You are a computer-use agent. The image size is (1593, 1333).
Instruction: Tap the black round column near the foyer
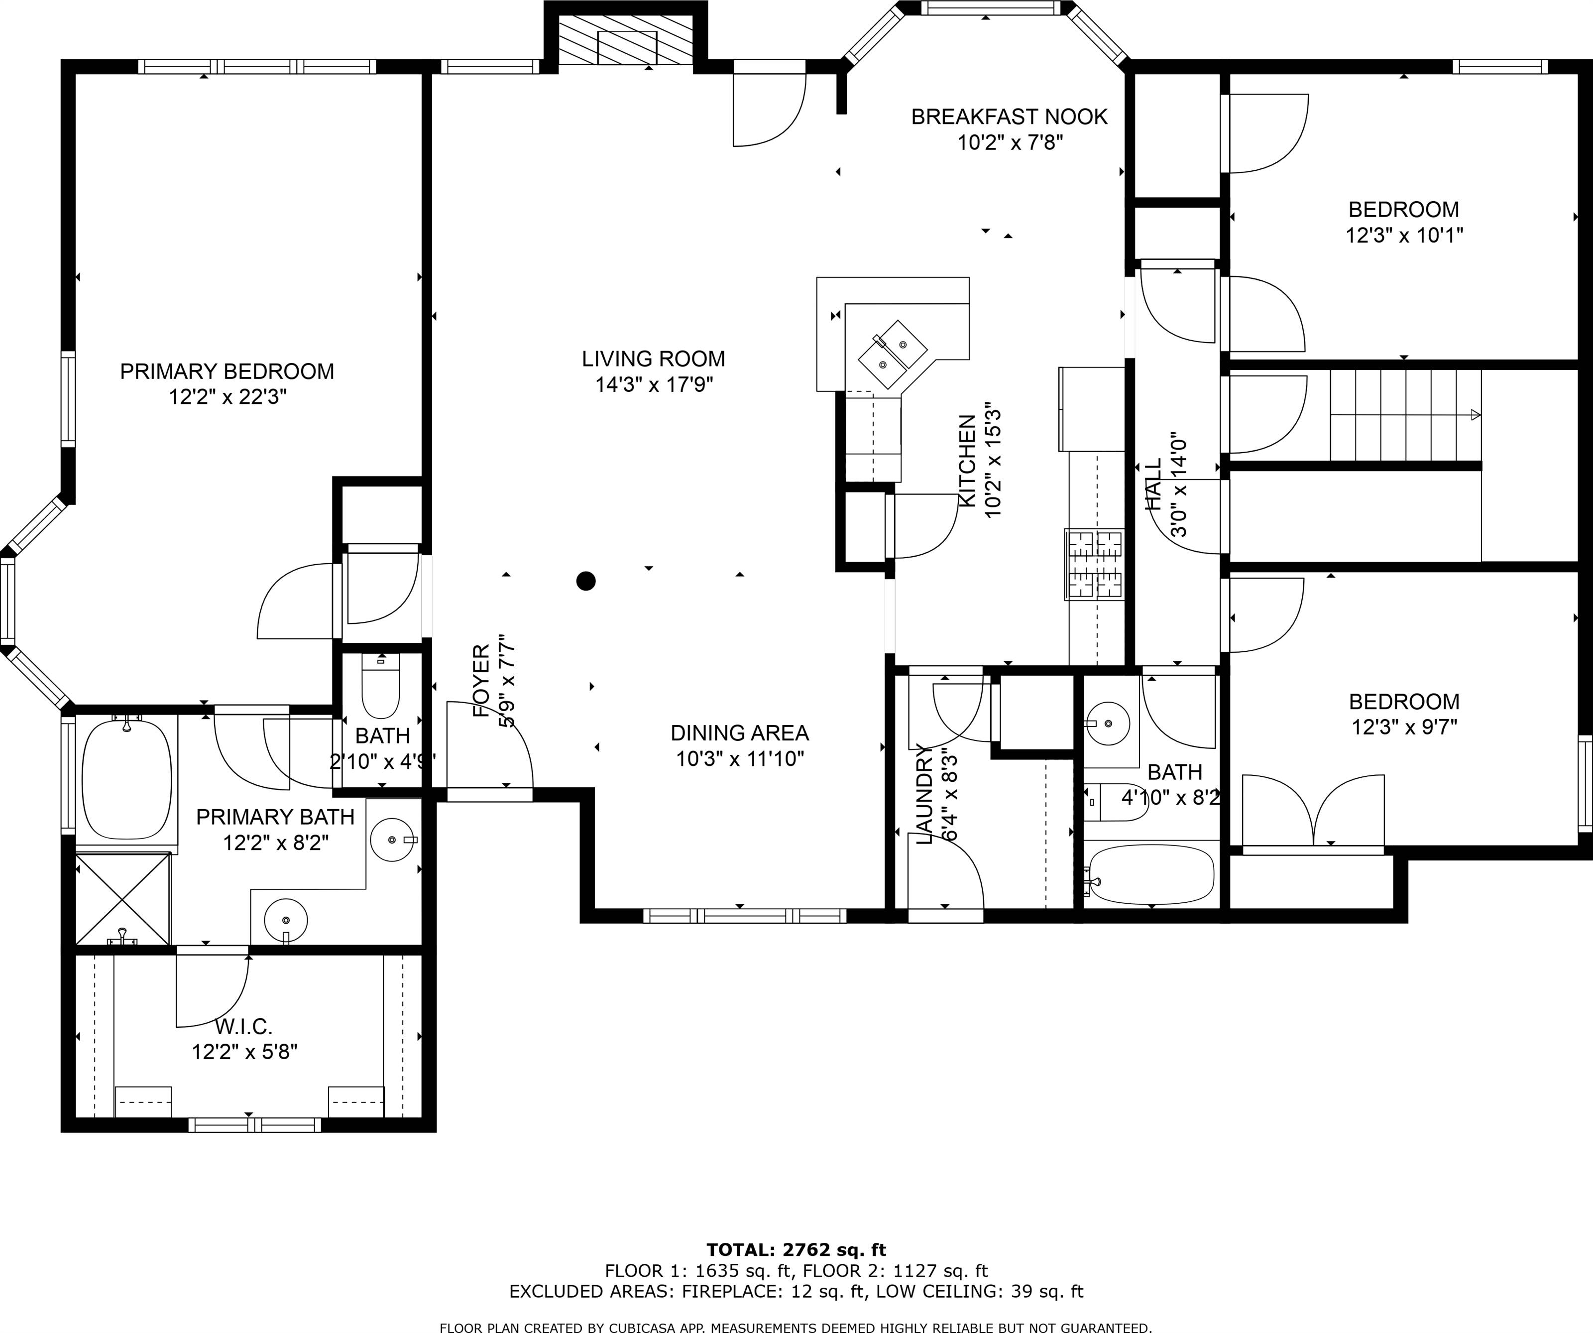(x=585, y=581)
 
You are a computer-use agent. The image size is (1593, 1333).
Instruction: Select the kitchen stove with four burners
(x=1095, y=565)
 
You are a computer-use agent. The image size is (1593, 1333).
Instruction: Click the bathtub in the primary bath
(x=126, y=779)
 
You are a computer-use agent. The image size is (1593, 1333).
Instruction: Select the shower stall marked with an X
(x=123, y=899)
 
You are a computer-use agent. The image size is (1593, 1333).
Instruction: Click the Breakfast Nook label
(x=1009, y=117)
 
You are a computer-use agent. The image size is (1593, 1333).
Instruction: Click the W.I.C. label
(x=243, y=1026)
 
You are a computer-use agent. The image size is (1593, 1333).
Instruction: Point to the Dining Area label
(x=740, y=733)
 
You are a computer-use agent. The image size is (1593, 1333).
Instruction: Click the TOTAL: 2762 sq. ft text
(x=796, y=1249)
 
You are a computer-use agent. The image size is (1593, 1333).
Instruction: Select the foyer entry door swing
(x=489, y=747)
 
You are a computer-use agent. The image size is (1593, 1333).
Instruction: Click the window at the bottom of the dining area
(x=744, y=916)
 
